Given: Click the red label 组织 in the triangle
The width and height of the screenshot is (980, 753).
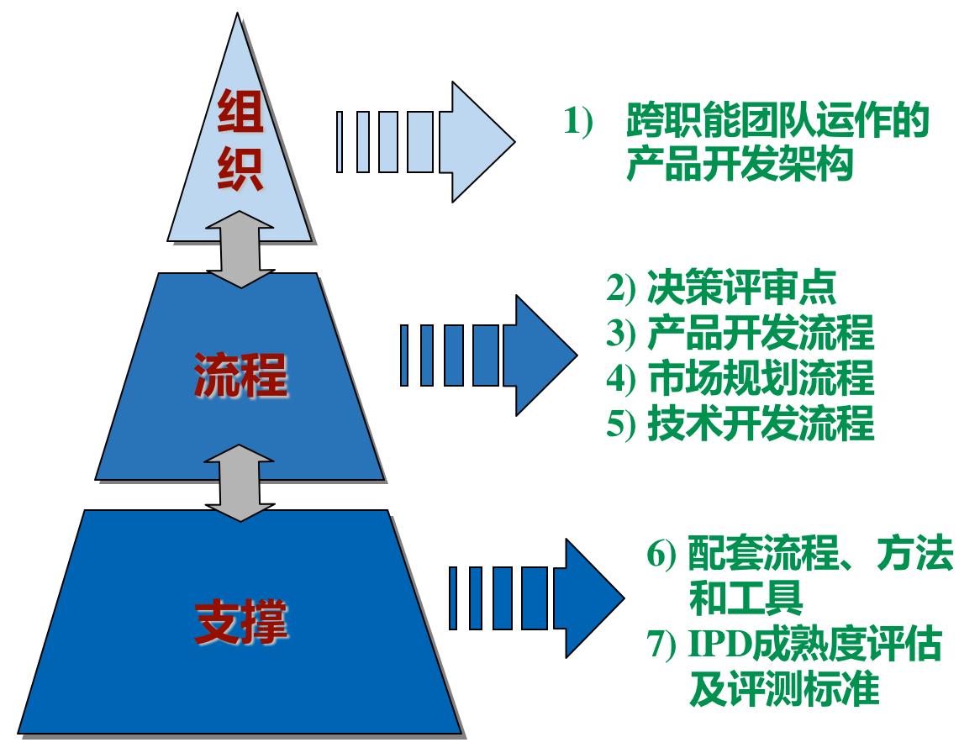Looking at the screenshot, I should pyautogui.click(x=240, y=140).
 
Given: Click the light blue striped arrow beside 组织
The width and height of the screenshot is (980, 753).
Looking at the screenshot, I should pyautogui.click(x=424, y=142).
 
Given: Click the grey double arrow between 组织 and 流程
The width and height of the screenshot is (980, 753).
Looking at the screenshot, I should pyautogui.click(x=240, y=249).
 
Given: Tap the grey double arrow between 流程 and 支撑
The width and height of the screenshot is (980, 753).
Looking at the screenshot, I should pyautogui.click(x=240, y=482).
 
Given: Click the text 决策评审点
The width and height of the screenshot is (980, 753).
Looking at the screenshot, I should pyautogui.click(x=742, y=290).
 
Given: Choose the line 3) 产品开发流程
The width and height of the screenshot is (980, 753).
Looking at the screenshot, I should pyautogui.click(x=740, y=334).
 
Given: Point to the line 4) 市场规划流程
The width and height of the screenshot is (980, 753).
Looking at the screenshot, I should pyautogui.click(x=740, y=379).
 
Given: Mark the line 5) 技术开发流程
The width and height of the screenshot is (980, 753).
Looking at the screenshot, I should pyautogui.click(x=740, y=424).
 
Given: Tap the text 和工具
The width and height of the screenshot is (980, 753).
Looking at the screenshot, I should pyautogui.click(x=746, y=600).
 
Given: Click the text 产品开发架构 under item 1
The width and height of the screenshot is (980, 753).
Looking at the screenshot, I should pyautogui.click(x=740, y=166).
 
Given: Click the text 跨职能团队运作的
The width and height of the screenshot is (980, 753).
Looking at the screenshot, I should pyautogui.click(x=777, y=124).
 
